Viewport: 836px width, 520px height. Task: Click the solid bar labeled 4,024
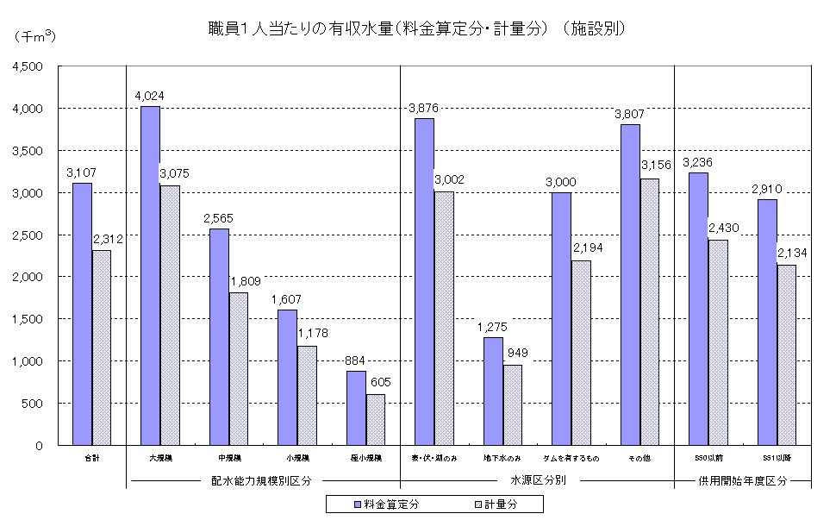click(x=150, y=276)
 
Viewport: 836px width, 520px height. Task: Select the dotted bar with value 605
click(x=376, y=420)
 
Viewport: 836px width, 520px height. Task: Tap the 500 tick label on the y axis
click(x=37, y=404)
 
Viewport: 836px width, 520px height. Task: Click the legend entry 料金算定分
click(x=387, y=504)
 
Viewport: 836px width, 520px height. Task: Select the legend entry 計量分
click(x=499, y=504)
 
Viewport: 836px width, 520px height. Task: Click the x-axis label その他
click(x=639, y=458)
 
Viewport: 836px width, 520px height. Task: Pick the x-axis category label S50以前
click(x=708, y=458)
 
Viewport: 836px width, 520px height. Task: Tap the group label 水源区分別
click(x=538, y=480)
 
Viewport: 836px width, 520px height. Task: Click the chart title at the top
click(x=415, y=28)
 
